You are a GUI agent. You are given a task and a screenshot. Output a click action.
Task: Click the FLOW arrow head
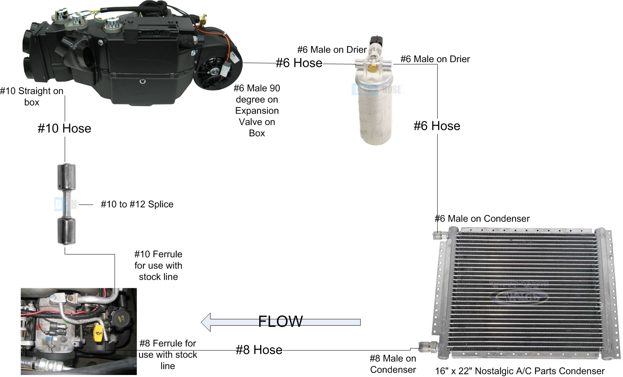coord(207,322)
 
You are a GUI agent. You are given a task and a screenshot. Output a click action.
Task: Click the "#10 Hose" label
coord(65,128)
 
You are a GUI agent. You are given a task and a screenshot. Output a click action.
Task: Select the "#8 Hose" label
coord(259,350)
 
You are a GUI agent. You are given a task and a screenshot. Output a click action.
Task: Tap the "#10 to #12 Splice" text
coord(137,204)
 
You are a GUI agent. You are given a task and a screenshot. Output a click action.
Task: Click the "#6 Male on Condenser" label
coord(482,219)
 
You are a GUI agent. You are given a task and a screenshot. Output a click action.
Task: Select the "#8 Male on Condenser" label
coord(393,364)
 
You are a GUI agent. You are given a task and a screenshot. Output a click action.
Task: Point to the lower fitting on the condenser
coord(427,346)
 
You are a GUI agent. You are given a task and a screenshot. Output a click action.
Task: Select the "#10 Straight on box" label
coord(32,97)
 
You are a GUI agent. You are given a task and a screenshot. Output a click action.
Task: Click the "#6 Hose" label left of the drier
coord(299,63)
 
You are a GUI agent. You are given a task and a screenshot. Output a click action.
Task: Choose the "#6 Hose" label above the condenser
coord(437,126)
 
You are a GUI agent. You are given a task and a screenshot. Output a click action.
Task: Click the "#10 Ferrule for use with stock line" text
coord(158,266)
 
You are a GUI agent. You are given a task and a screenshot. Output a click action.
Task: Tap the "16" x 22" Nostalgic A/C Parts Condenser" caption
coord(520,371)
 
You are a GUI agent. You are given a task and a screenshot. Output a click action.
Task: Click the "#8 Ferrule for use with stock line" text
coord(168,354)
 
